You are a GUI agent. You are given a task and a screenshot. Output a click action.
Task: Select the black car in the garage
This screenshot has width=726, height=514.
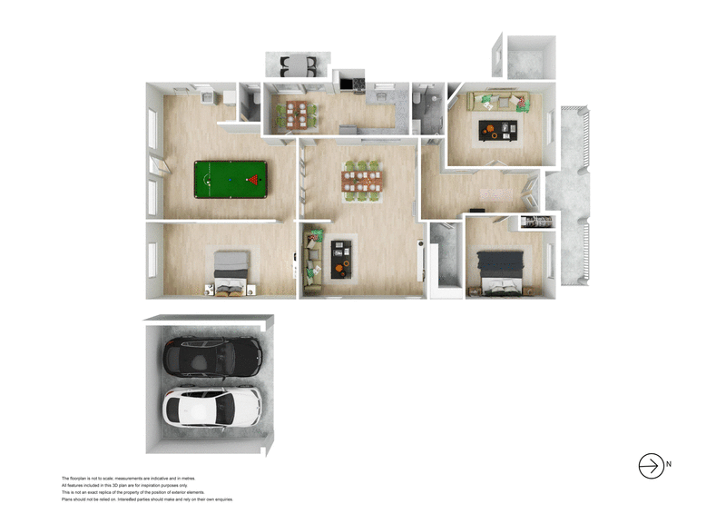pos(212,359)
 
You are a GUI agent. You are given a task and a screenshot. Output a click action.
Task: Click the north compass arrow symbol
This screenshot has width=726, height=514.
pos(651,465)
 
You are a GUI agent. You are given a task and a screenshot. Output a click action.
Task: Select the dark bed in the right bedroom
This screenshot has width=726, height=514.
pos(501,270)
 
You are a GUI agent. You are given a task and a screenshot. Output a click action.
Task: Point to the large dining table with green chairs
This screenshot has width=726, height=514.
pos(360,180)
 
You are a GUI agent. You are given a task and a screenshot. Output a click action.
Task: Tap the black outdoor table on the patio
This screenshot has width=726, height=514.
pos(297,65)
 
